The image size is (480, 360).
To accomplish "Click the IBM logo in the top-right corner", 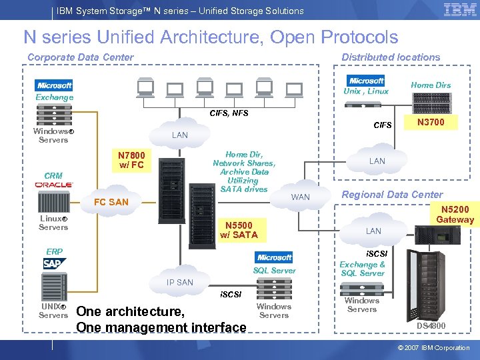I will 460,9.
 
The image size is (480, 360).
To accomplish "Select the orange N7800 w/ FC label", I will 131,161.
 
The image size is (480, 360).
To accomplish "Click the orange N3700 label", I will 431,122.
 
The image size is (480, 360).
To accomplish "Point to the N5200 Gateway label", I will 455,214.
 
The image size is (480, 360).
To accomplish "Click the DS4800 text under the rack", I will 431,325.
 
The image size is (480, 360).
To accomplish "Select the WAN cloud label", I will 301,197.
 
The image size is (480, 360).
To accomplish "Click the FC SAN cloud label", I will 111,202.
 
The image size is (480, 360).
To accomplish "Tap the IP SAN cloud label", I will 180,282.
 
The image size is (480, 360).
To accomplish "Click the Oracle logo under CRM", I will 54,184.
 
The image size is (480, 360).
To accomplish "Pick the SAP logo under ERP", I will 54,264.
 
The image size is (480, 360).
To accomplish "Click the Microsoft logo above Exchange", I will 55,85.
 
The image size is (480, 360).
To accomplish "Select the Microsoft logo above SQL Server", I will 274,257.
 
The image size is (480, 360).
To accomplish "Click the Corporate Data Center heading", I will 80,57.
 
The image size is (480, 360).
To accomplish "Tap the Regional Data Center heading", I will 392,195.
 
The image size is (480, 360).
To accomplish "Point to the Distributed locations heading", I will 391,57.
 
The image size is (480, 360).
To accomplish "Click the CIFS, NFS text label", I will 229,113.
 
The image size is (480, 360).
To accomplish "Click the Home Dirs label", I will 431,85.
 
